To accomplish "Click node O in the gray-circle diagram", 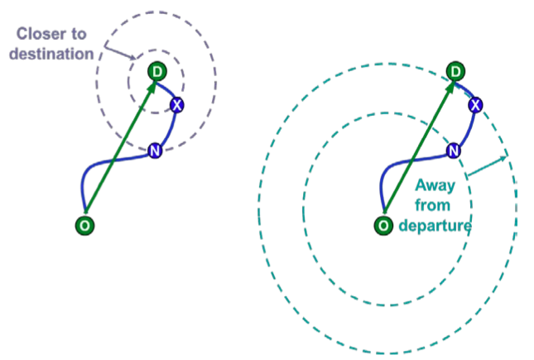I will click(83, 224).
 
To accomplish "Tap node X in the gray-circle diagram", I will click(176, 104).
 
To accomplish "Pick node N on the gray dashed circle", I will click(154, 151).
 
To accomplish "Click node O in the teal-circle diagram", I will click(382, 224).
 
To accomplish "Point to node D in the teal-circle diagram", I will click(455, 73).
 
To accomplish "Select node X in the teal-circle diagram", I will click(475, 104).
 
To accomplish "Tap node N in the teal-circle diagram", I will click(453, 151).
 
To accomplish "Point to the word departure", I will click(434, 224).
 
